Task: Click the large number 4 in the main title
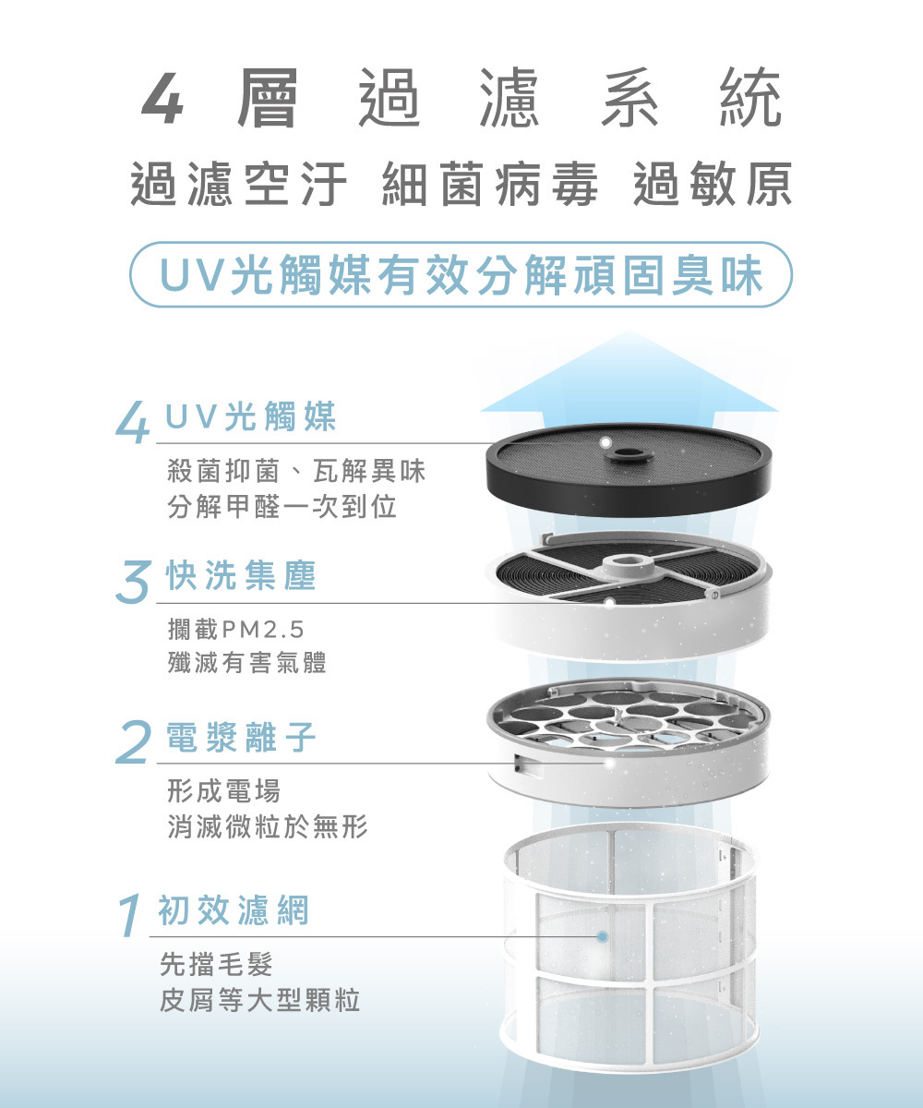(162, 98)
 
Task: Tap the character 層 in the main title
(267, 98)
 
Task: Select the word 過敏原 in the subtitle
(713, 184)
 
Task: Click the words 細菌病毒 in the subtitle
(490, 184)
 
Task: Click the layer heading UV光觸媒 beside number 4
(250, 416)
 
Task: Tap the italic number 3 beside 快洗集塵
(132, 583)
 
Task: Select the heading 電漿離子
(241, 738)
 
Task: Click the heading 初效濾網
(233, 910)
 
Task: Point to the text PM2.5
(263, 630)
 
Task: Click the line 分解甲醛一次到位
(282, 506)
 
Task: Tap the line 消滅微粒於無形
(268, 826)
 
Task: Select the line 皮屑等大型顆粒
(260, 1000)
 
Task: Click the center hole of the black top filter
(629, 453)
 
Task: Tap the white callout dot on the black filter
(605, 442)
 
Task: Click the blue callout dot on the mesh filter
(602, 936)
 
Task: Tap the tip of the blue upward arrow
(629, 331)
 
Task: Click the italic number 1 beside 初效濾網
(130, 915)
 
